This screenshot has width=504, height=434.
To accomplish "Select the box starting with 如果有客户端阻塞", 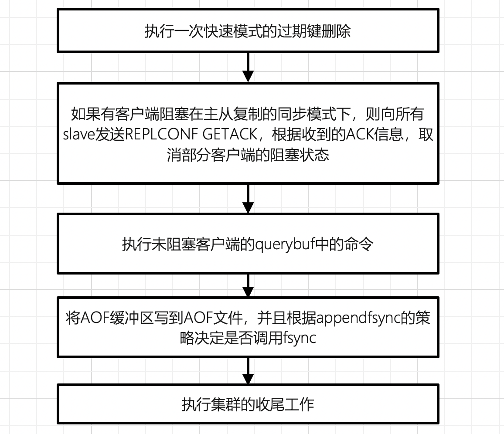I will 248,132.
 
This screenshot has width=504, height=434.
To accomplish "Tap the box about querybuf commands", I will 248,244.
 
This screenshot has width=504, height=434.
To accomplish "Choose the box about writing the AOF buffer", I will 248,327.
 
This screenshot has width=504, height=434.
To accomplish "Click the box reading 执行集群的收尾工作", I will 248,404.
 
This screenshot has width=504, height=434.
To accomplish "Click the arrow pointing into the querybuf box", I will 248,198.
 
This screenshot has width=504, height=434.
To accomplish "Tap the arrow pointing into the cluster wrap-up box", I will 248,371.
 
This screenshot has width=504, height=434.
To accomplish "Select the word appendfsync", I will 358,318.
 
